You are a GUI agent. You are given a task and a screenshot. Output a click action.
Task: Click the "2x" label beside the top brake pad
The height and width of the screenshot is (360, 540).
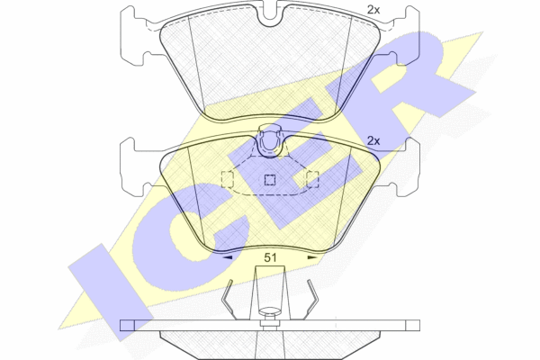click(373, 10)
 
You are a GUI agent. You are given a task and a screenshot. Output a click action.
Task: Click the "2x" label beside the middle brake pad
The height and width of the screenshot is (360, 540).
click(373, 140)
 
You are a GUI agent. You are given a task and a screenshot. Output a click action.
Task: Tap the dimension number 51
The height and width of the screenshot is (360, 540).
click(270, 257)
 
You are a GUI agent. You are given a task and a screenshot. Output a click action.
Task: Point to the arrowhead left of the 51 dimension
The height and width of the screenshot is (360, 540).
click(228, 257)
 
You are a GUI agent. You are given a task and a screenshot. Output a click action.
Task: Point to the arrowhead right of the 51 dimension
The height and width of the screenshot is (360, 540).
click(312, 257)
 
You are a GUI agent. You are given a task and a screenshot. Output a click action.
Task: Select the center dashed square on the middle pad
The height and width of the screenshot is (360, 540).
click(270, 179)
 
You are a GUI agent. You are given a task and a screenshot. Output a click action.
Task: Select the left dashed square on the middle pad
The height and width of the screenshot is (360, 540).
click(228, 179)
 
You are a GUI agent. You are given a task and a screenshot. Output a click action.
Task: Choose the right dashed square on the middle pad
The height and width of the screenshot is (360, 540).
click(312, 179)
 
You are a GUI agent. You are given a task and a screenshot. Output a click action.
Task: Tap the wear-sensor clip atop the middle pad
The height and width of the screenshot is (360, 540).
click(270, 140)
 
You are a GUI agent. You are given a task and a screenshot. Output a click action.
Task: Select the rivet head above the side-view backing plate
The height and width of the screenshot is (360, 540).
click(270, 310)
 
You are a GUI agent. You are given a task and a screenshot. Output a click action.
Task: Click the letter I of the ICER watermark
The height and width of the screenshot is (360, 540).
click(110, 292)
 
